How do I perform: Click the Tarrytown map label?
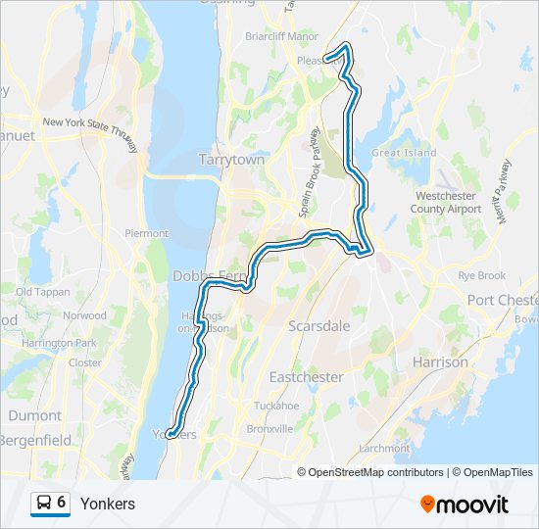coord(231,159)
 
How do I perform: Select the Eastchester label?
coord(306,377)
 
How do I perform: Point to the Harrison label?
coord(441,361)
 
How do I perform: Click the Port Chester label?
coord(502,300)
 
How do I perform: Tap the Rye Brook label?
coord(482,276)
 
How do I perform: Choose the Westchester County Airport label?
coord(447,203)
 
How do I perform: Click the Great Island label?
coord(404,153)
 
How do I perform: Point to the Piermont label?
coord(147,233)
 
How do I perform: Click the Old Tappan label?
coord(40,292)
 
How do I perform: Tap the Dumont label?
coord(34,415)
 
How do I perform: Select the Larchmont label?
coord(384,448)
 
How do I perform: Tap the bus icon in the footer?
coord(43,503)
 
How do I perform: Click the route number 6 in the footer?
coord(62,503)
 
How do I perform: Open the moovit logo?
coord(465,505)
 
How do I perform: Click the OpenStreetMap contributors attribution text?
coord(376,472)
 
